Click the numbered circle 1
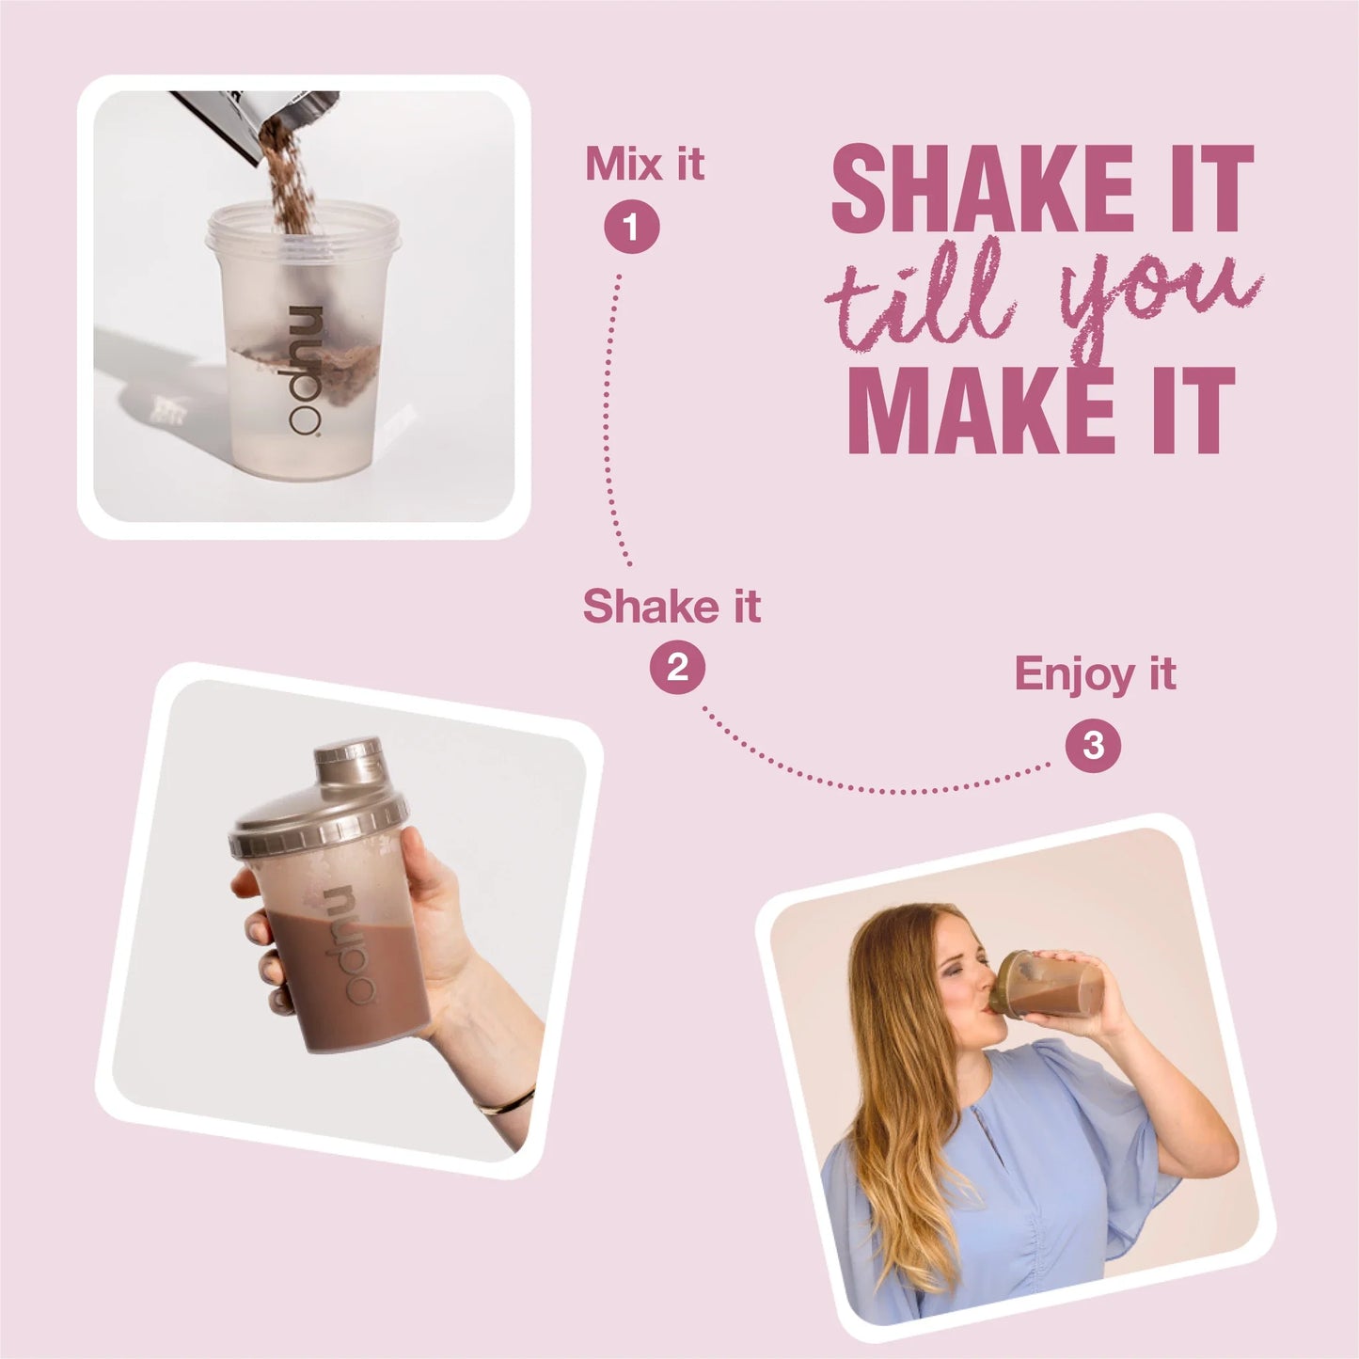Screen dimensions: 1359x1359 coord(631,227)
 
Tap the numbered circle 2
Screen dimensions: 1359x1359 coord(677,667)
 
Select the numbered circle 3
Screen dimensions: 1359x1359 coord(1093,745)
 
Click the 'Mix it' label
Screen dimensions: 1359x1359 coord(644,164)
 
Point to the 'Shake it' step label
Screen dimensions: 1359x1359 coord(672,606)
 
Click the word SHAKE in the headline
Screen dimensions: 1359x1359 coord(983,188)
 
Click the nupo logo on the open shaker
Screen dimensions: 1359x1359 coord(305,371)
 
